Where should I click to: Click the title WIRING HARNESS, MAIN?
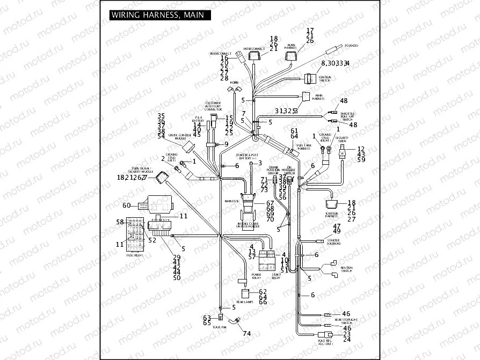pos(157,15)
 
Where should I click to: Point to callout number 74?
pos(246,333)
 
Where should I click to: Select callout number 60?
pos(127,205)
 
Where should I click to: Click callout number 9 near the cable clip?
pos(226,144)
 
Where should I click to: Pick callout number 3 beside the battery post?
pos(259,163)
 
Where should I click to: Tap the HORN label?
pos(235,83)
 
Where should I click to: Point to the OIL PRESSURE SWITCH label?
pos(288,171)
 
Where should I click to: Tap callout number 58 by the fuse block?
pos(120,222)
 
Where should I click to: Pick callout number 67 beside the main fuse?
pos(270,203)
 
